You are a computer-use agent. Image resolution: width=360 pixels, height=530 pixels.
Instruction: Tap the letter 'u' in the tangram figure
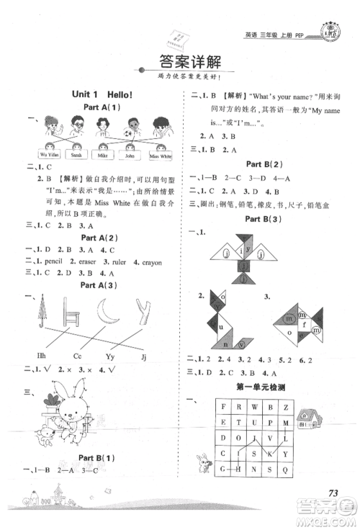point(222,325)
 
